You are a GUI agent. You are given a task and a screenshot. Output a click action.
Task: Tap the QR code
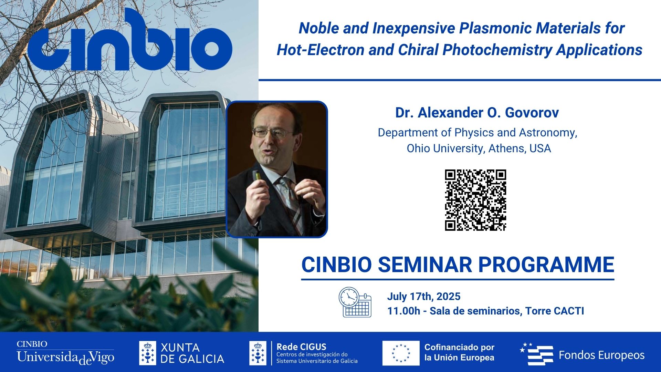click(x=475, y=200)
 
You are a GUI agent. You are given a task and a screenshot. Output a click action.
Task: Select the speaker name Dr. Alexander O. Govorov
click(x=477, y=113)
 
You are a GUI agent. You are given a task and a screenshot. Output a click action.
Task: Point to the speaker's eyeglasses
click(x=272, y=133)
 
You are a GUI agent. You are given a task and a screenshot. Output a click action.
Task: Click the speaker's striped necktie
click(x=291, y=200)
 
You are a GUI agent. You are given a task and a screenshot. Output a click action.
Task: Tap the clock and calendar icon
click(x=355, y=302)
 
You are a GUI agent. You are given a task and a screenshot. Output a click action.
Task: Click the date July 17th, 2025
click(x=423, y=297)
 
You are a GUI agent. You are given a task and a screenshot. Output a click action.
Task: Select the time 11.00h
click(x=403, y=311)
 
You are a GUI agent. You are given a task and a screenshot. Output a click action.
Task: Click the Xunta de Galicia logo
click(x=181, y=353)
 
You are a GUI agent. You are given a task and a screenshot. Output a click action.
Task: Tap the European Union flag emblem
click(x=401, y=353)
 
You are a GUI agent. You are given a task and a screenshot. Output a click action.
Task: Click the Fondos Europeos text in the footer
click(x=601, y=355)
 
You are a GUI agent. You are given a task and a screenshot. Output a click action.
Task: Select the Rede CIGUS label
click(x=301, y=347)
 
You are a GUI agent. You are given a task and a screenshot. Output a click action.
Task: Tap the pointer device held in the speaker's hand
click(x=256, y=176)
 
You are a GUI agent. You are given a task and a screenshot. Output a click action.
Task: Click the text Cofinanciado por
click(x=459, y=347)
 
